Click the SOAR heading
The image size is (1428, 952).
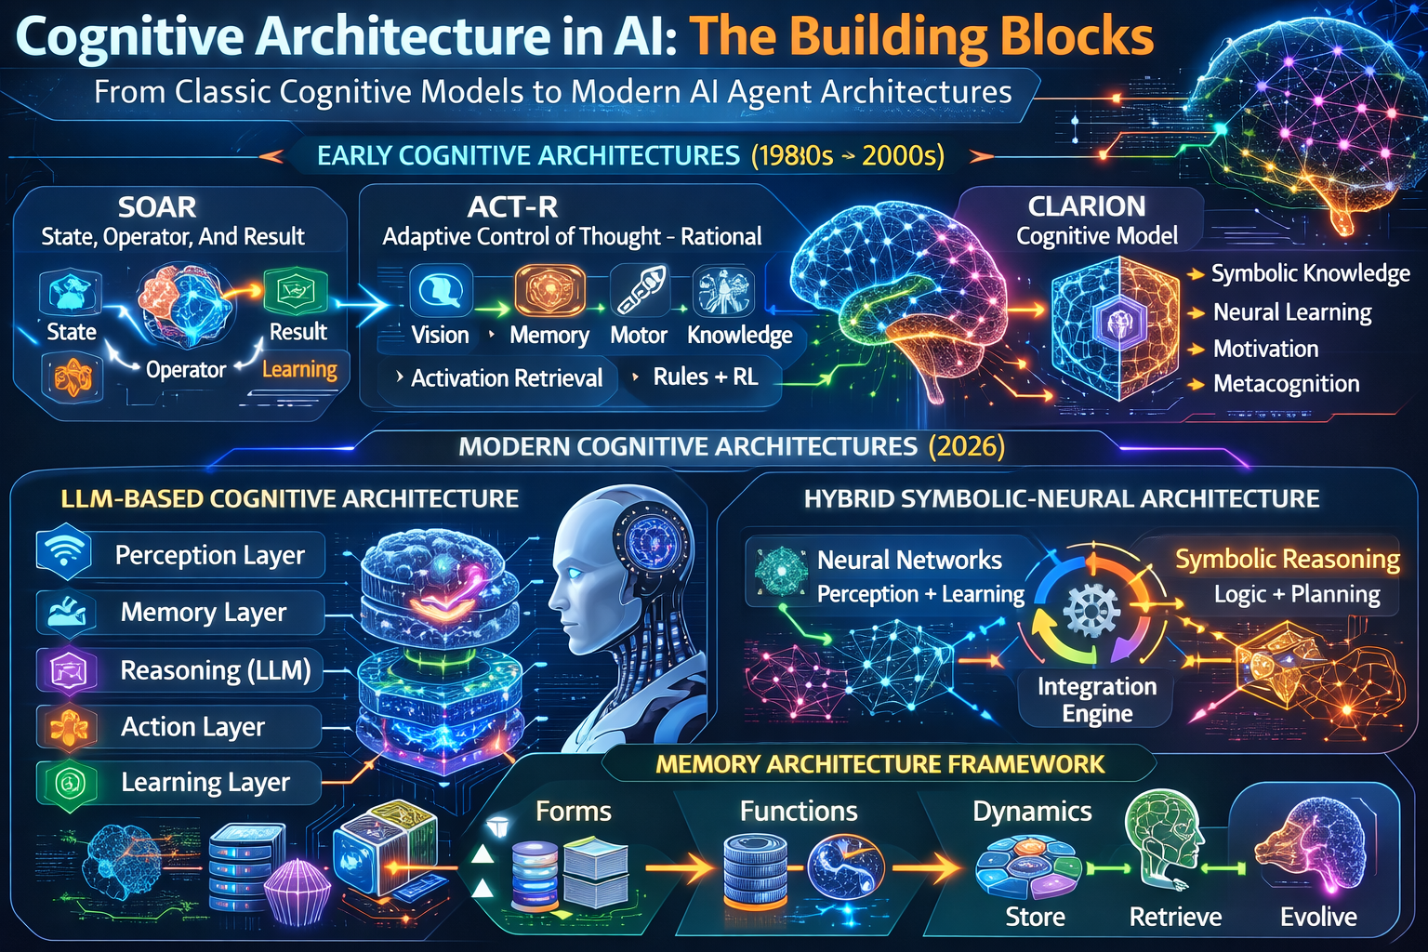(x=157, y=206)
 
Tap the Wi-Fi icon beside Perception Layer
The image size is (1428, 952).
(x=63, y=554)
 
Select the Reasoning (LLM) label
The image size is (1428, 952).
(x=215, y=670)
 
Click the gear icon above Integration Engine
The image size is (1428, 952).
(x=1090, y=611)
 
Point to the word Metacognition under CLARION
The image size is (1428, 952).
(x=1286, y=384)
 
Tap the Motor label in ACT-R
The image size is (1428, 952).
(x=639, y=335)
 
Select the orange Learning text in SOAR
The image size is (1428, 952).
(x=299, y=369)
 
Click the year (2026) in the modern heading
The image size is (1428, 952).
(x=967, y=446)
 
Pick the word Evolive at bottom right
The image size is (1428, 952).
(x=1318, y=917)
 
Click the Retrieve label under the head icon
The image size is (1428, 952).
(x=1175, y=917)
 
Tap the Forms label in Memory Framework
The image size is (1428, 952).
(x=573, y=812)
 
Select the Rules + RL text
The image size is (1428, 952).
(x=705, y=377)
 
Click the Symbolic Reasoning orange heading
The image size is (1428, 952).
(x=1287, y=559)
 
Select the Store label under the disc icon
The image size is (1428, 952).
(x=1035, y=917)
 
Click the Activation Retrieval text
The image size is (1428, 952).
(x=507, y=378)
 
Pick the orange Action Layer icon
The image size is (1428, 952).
(x=69, y=727)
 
